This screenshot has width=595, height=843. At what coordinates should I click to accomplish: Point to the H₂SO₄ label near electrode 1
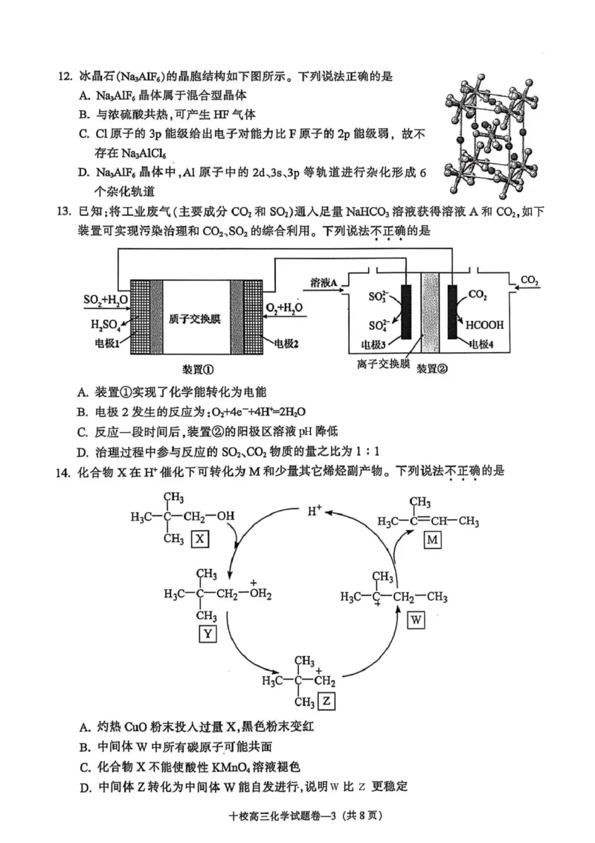106,325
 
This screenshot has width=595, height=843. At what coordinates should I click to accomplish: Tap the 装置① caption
198,369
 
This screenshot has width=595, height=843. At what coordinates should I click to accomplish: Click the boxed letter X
199,538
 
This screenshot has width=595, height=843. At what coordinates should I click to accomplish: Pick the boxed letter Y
207,634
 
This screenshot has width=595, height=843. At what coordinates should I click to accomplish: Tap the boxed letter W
416,620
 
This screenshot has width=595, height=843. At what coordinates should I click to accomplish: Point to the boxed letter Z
327,702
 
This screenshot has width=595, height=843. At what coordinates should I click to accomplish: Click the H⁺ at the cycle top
315,511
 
